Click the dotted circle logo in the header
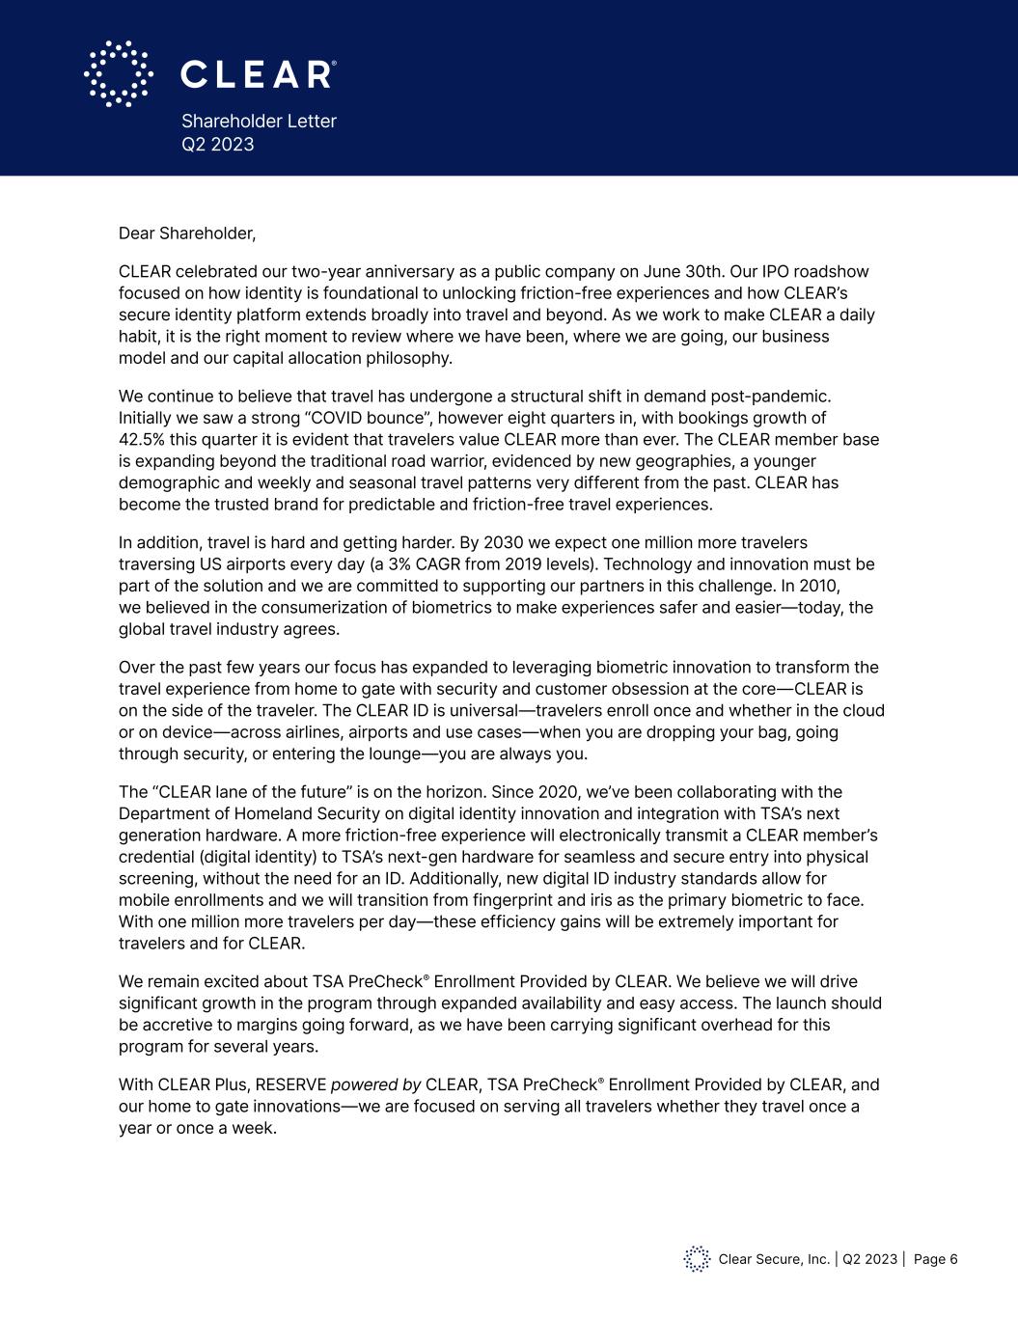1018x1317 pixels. coord(118,73)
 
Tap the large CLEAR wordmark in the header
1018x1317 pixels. coord(258,74)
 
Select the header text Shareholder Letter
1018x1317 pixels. coord(259,121)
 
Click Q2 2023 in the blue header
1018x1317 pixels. coord(218,145)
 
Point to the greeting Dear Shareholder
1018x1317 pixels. coord(187,233)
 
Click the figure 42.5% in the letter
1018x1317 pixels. coord(141,439)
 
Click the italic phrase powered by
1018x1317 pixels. coord(375,1084)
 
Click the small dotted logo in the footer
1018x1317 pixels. coord(697,1258)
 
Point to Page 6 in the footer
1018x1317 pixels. coord(935,1259)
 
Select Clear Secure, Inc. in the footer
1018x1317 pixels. coord(774,1259)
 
